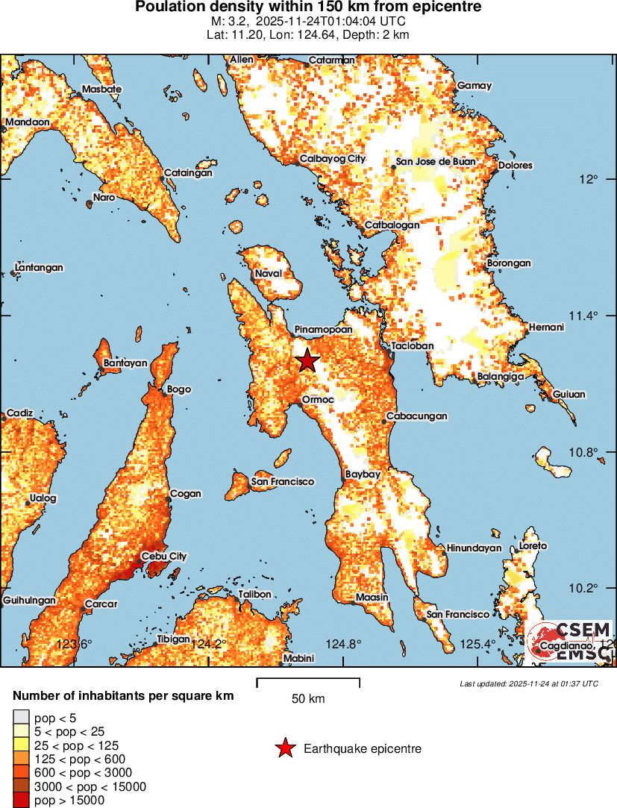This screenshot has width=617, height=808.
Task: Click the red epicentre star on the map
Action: click(x=307, y=361)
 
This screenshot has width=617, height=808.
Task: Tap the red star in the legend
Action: click(x=285, y=748)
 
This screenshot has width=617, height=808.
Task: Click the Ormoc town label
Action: click(x=317, y=400)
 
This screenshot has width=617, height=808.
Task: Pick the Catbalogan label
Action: click(x=392, y=225)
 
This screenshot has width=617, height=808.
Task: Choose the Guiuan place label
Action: click(x=569, y=394)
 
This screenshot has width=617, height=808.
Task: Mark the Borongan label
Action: click(x=509, y=263)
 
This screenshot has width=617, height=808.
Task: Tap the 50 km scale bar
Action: click(x=308, y=682)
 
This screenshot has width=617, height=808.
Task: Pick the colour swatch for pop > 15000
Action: click(x=20, y=801)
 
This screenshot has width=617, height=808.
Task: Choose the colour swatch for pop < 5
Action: click(x=20, y=718)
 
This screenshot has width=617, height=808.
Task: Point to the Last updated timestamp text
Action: click(x=528, y=683)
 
